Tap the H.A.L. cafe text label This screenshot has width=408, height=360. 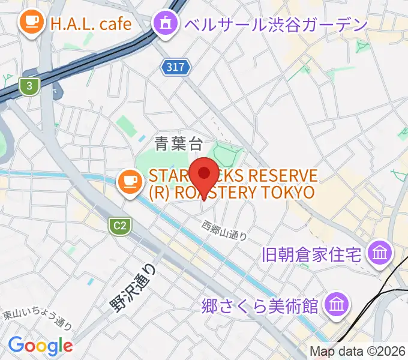coord(91,24)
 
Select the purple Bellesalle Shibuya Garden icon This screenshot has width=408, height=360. coord(164,24)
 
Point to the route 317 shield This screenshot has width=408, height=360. coord(176,67)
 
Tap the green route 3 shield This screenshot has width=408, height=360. coord(29,86)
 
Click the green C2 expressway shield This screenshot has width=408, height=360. coord(120,226)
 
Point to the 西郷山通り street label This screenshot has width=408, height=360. coord(224,230)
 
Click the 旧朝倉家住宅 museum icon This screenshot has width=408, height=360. coord(380,253)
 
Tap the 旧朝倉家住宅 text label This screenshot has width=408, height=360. coord(311,254)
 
